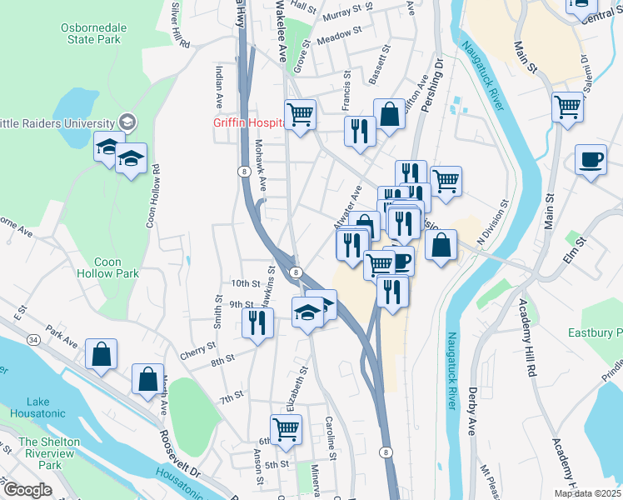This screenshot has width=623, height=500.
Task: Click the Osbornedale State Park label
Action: click(93, 33)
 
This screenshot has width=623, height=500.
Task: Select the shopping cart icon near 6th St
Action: click(286, 428)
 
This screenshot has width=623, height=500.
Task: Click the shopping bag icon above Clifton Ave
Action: click(389, 113)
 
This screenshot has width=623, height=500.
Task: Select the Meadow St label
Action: click(338, 33)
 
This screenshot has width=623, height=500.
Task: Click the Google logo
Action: click(27, 490)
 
